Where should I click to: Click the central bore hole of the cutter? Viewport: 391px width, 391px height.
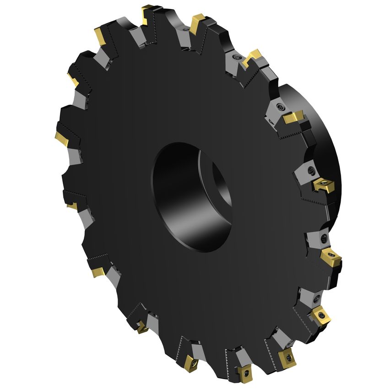192,197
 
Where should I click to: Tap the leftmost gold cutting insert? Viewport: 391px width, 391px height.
61,136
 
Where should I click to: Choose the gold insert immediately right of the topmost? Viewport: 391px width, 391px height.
198,22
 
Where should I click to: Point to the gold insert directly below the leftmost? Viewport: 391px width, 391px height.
71,206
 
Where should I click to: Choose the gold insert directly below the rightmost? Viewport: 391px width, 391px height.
320,315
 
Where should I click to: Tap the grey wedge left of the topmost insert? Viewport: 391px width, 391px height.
136,34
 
